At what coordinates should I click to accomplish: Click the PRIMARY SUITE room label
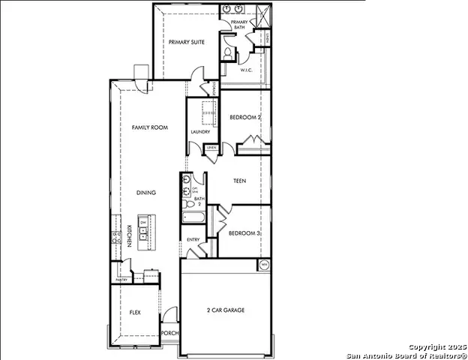pos(187,43)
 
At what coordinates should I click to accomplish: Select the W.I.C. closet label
pos(246,71)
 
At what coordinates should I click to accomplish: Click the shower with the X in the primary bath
pos(263,14)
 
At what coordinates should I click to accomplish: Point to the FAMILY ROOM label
pos(149,127)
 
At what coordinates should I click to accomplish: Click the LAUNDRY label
pos(200,132)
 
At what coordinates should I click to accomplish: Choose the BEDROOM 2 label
pos(244,118)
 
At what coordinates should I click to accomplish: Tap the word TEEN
pos(240,181)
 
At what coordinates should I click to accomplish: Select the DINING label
pos(146,193)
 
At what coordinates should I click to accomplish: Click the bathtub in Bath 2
pos(192,217)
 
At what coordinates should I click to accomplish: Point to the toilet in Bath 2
pos(188,203)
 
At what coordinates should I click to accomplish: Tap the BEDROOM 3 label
pos(244,233)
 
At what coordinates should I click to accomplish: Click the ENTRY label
pos(193,241)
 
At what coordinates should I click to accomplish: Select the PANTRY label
pos(120,280)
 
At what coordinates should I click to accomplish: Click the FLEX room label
pos(135,312)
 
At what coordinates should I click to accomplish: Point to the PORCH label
pos(170,334)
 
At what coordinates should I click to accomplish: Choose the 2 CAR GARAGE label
pos(226,310)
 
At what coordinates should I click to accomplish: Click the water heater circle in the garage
pos(264,265)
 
